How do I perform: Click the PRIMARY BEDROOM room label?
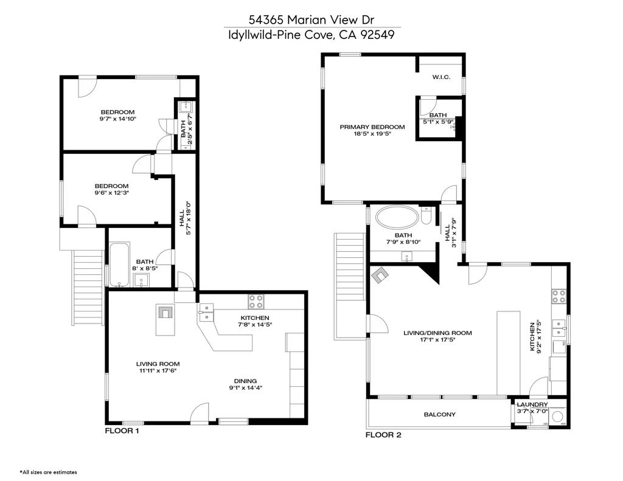372,127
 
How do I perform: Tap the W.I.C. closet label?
440,77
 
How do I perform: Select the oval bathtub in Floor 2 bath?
397,217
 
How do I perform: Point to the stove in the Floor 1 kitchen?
255,300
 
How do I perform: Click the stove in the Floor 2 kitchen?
558,296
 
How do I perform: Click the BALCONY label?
439,415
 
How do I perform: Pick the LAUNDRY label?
532,404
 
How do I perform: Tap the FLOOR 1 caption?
122,431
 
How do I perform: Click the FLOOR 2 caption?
383,435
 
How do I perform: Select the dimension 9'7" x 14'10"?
117,119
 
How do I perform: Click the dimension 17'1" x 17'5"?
437,340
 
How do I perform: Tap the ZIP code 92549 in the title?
377,35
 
